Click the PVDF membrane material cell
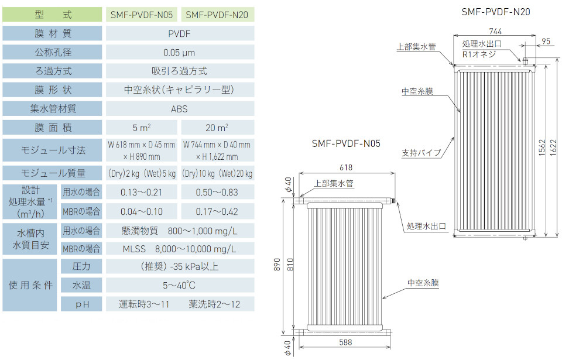click(x=180, y=34)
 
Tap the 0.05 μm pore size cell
click(x=180, y=53)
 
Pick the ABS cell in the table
click(x=180, y=109)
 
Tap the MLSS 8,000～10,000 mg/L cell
click(x=180, y=249)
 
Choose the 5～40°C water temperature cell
click(x=180, y=286)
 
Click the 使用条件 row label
click(x=30, y=286)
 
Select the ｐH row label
click(x=81, y=304)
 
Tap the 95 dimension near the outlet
click(x=545, y=41)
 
